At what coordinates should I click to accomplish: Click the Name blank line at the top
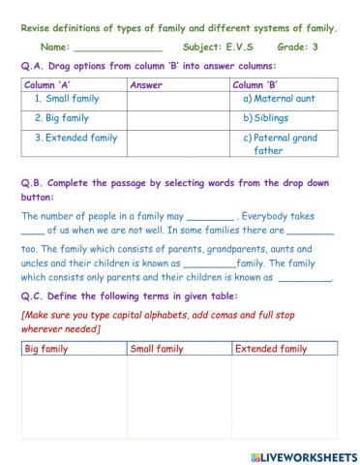tap(118, 46)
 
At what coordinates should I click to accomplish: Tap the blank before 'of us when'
tap(32, 232)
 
